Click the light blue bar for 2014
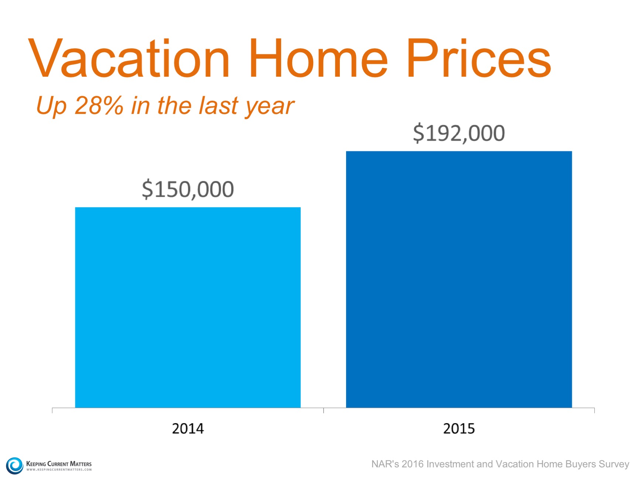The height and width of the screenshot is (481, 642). click(188, 307)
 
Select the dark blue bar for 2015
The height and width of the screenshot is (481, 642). click(459, 279)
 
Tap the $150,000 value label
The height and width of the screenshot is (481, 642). click(188, 189)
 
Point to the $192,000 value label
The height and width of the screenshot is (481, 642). click(459, 133)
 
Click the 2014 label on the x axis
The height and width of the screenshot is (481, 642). click(188, 429)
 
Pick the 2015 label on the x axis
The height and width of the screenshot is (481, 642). click(459, 429)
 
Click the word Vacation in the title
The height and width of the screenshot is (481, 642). click(129, 59)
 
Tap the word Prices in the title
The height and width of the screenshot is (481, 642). click(479, 59)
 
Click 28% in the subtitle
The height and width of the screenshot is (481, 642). click(99, 105)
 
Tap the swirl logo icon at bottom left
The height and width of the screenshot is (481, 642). click(15, 466)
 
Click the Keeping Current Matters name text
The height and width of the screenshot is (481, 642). click(59, 464)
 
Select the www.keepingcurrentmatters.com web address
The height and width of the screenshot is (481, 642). click(59, 470)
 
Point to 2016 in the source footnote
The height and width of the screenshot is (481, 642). click(412, 464)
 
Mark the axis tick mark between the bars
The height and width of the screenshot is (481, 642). click(324, 410)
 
